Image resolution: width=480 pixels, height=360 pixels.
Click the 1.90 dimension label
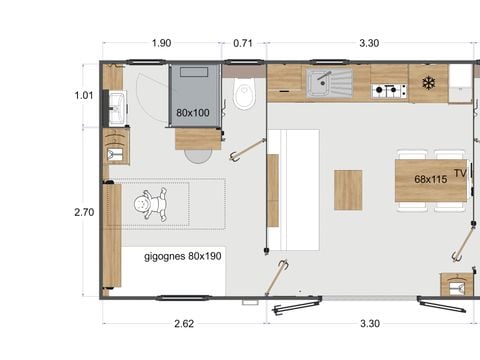pyautogui.click(x=160, y=43)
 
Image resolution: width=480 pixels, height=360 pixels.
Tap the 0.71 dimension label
pyautogui.click(x=243, y=43)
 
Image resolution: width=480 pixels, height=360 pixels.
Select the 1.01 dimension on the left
pyautogui.click(x=85, y=96)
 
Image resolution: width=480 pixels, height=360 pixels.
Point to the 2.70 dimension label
pyautogui.click(x=85, y=212)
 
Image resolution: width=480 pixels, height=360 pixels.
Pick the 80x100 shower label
pyautogui.click(x=194, y=113)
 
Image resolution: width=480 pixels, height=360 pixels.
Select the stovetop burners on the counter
pyautogui.click(x=389, y=91)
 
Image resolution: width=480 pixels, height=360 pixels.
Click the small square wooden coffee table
pyautogui.click(x=348, y=189)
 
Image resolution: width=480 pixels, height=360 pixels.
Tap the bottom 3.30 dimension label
pyautogui.click(x=370, y=323)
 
